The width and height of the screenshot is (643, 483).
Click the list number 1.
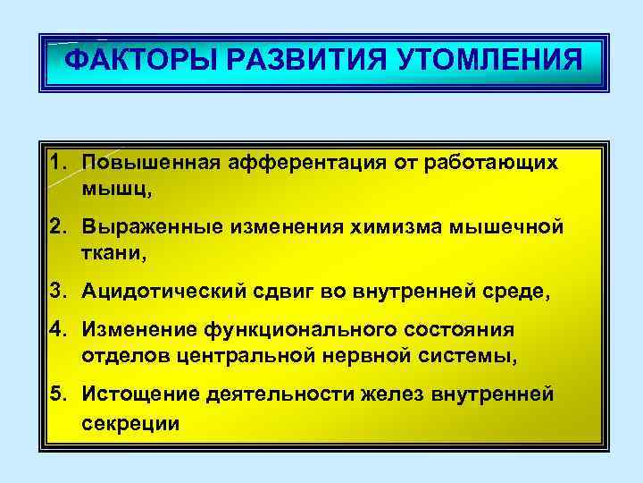(x=57, y=164)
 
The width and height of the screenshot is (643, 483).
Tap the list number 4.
(x=57, y=330)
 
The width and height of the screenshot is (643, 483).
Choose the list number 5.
(x=57, y=394)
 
